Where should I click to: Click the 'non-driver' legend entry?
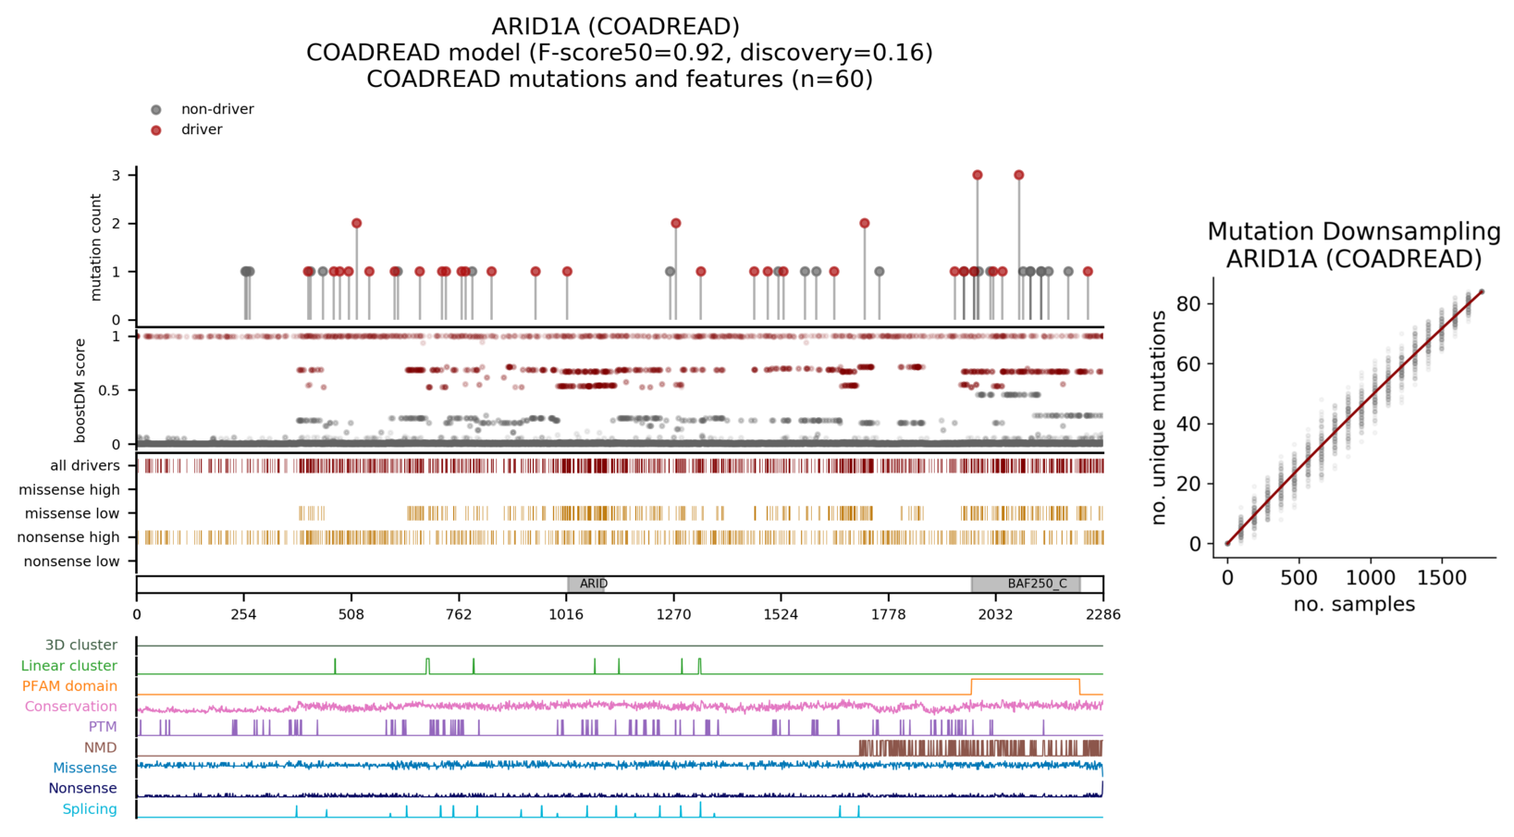[x=216, y=109]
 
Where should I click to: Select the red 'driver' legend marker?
[x=156, y=130]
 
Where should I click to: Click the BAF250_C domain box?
[x=1026, y=584]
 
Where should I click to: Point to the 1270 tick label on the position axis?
[x=673, y=614]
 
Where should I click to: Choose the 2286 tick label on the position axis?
[x=1102, y=614]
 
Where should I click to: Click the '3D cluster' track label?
[x=81, y=645]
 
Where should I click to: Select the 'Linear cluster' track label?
[x=69, y=665]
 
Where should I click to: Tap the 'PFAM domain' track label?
[x=69, y=686]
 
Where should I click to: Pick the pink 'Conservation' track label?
[x=71, y=707]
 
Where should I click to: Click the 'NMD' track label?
[x=101, y=747]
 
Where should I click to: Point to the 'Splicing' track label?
[x=90, y=809]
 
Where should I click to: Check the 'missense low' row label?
[x=72, y=513]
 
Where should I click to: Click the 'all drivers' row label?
[x=85, y=465]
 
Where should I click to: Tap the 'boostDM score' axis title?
[x=80, y=390]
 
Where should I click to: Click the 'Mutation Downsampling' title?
[x=1354, y=231]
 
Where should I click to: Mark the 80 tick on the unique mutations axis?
[x=1193, y=304]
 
